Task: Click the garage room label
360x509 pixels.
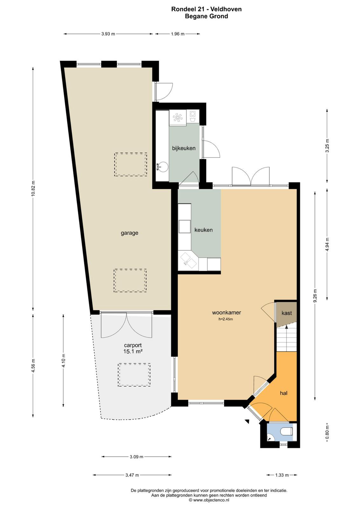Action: (x=129, y=233)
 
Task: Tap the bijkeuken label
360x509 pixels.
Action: (x=184, y=148)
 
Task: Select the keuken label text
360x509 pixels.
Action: (x=204, y=230)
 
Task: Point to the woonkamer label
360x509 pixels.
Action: (x=226, y=312)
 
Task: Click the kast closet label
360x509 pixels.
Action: (x=287, y=313)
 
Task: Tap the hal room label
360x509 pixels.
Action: (x=284, y=393)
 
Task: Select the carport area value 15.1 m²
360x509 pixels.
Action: (x=133, y=351)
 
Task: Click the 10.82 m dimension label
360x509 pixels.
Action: (x=33, y=189)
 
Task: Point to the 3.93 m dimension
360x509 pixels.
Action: (x=108, y=34)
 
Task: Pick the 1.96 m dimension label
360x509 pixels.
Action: (x=178, y=34)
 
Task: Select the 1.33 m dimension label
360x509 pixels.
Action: (x=282, y=475)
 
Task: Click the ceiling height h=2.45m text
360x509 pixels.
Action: (x=225, y=319)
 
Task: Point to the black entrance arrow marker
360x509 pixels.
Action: (x=247, y=422)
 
